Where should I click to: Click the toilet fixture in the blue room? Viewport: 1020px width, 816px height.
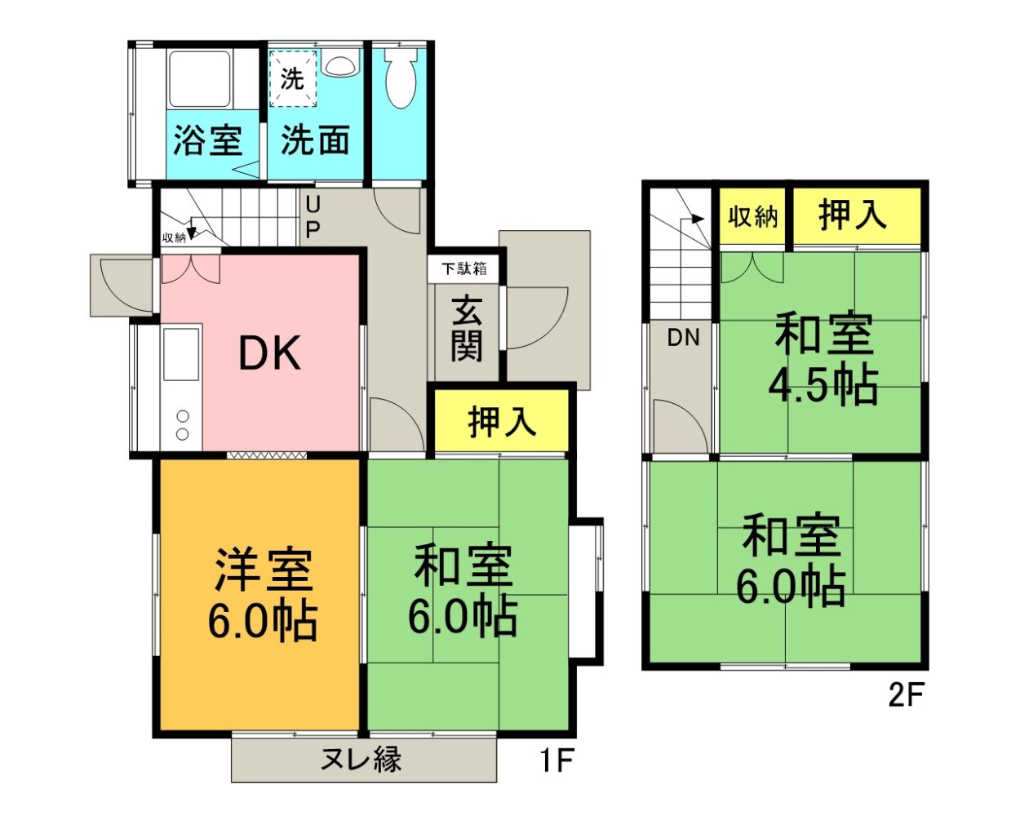tap(400, 80)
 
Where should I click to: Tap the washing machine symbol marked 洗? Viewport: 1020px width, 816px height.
tap(292, 78)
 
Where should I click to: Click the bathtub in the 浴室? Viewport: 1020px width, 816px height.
tap(200, 80)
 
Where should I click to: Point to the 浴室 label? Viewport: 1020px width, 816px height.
tap(208, 140)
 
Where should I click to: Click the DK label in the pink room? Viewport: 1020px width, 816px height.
tap(269, 353)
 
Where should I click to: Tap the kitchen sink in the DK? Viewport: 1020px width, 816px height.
tap(181, 353)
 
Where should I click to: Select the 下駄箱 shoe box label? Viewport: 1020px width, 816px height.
tap(464, 268)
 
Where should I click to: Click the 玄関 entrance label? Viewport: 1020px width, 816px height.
tap(466, 330)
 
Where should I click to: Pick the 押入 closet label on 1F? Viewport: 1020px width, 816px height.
tap(502, 422)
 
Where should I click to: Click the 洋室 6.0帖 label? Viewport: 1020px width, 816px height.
tap(262, 596)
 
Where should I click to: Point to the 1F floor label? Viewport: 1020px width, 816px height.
tap(557, 761)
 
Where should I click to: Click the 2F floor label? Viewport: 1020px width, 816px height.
tap(905, 695)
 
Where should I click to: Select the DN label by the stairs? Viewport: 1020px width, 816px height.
tap(683, 337)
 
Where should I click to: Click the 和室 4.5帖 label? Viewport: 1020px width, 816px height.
tap(823, 359)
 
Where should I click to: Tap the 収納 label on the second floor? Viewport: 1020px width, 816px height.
tap(752, 217)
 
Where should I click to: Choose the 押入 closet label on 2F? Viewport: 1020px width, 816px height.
tap(853, 215)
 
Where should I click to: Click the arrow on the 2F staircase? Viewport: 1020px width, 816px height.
tap(696, 219)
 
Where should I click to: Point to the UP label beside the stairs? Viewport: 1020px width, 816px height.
tap(313, 216)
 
